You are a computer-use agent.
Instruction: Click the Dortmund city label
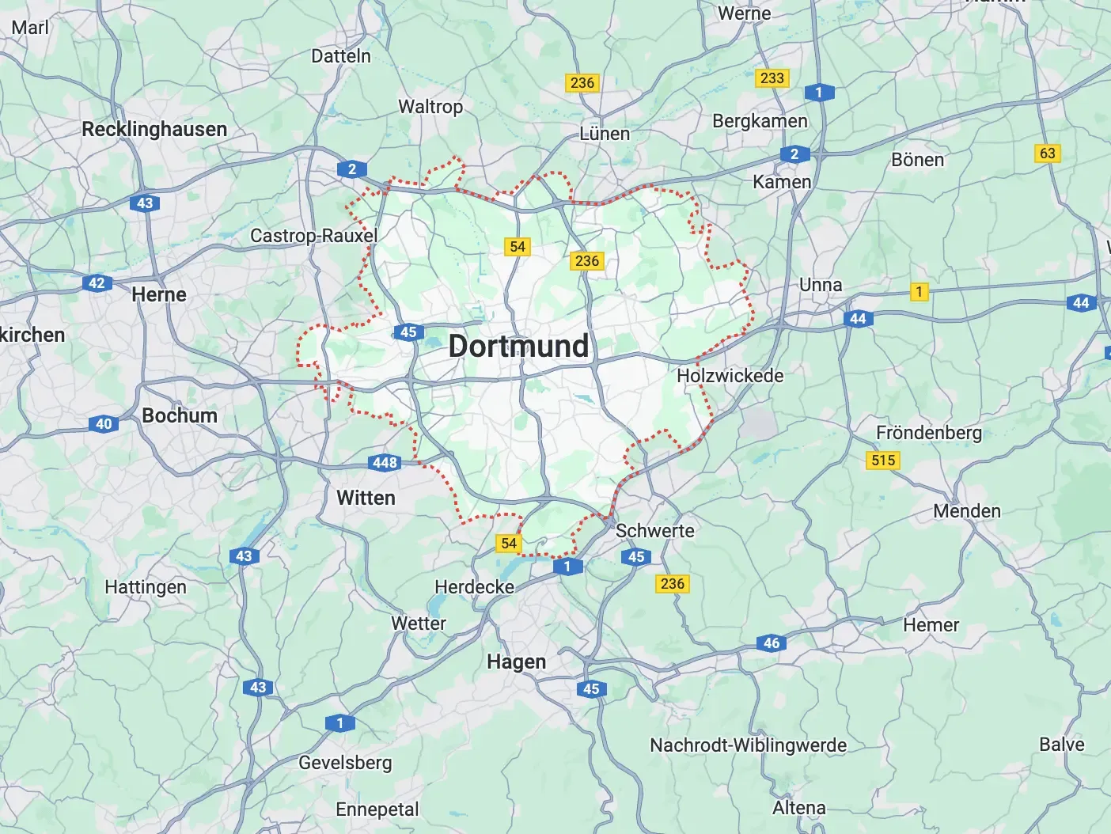click(518, 346)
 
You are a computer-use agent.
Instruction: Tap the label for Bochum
click(180, 415)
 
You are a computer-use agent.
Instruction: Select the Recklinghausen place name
click(154, 129)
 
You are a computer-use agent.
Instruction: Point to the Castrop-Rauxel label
click(313, 236)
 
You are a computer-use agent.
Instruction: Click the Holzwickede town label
click(730, 376)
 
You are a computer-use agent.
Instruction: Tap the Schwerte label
click(654, 531)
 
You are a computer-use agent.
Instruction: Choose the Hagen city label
click(516, 662)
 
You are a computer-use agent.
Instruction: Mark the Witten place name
click(366, 498)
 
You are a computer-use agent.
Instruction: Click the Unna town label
click(821, 285)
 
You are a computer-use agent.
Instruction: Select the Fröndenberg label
click(928, 433)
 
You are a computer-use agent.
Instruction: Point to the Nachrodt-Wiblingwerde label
click(748, 745)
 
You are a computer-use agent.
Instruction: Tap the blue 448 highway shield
click(385, 462)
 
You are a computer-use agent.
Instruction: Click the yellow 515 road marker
click(883, 460)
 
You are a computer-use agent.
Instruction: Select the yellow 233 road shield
click(772, 78)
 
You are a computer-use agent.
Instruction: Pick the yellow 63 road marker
click(1047, 153)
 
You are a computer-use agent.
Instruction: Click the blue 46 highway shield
click(772, 643)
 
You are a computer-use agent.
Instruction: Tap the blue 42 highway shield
click(97, 282)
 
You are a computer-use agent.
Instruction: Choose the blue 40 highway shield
click(104, 423)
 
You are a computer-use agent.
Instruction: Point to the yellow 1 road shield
click(919, 291)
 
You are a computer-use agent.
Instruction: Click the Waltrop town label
click(430, 106)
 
